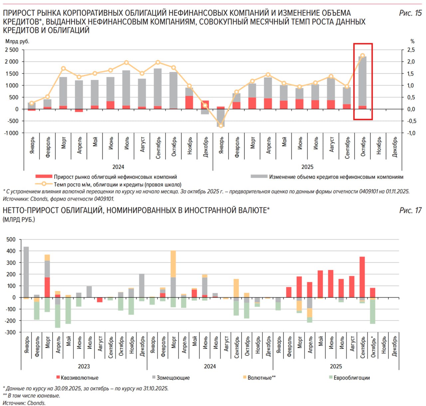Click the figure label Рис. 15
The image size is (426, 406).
tap(410, 13)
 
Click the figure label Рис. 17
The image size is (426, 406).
tap(410, 211)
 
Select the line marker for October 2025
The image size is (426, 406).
tap(362, 56)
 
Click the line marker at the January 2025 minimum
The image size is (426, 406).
tap(221, 126)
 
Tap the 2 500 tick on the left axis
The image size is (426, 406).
tap(12, 50)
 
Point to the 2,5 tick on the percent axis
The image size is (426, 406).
tap(411, 50)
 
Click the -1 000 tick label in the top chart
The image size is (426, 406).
tap(12, 133)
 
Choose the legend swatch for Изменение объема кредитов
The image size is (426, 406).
tap(259, 177)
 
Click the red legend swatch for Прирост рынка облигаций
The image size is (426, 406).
tap(44, 177)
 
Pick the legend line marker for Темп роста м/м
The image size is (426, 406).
tap(44, 184)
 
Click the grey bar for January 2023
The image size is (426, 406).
tap(26, 272)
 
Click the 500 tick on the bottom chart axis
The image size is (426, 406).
tap(11, 240)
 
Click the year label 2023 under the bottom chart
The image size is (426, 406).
tap(84, 366)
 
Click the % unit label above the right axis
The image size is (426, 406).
tap(412, 42)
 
